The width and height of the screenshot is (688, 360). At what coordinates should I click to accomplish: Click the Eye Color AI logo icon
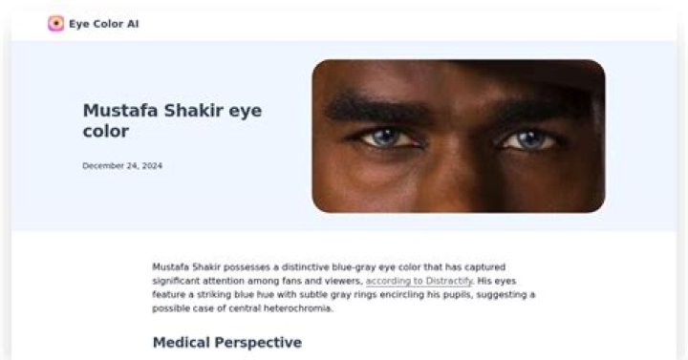[x=56, y=24]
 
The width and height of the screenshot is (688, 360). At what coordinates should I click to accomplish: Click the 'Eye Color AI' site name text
[x=103, y=24]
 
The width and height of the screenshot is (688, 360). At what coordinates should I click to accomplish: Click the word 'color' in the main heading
[x=105, y=132]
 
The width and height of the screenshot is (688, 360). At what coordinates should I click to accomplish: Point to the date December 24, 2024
[x=122, y=165]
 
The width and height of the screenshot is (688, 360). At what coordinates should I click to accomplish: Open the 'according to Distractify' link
[x=419, y=281]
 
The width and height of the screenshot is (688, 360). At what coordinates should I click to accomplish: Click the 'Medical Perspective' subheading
[x=226, y=342]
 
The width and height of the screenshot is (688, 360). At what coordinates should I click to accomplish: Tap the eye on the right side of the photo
[x=528, y=140]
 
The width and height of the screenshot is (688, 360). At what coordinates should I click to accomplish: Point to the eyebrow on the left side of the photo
[x=377, y=109]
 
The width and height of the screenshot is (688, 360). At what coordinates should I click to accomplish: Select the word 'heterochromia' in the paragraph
[x=301, y=308]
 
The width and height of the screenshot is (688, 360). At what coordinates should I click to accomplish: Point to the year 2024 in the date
[x=152, y=165]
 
